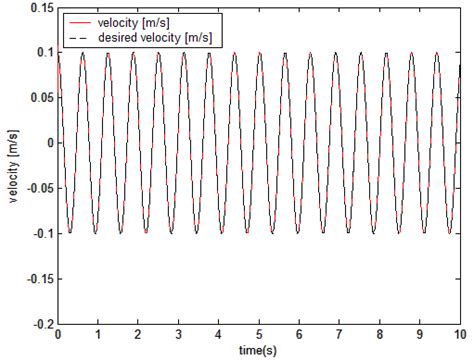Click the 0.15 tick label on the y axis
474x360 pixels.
coord(41,8)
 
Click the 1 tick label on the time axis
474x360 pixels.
coord(99,336)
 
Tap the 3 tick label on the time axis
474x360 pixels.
coord(179,336)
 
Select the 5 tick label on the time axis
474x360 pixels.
coord(259,336)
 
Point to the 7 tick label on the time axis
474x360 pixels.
coord(339,336)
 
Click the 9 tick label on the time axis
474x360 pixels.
coord(419,336)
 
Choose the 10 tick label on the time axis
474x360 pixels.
coord(458,336)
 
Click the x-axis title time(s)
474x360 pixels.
coord(259,351)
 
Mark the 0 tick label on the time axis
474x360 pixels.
coord(59,336)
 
